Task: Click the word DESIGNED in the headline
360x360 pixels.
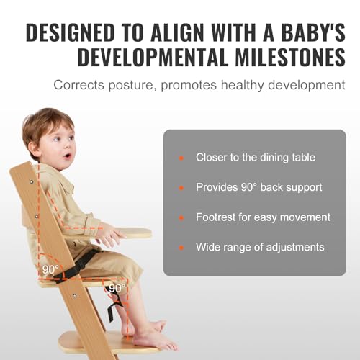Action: tap(71, 32)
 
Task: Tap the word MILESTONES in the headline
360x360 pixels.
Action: tap(290, 58)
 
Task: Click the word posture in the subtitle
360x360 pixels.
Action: tap(130, 86)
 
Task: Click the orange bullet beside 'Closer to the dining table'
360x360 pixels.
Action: tap(181, 158)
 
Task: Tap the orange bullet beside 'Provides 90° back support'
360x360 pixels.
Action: tap(181, 188)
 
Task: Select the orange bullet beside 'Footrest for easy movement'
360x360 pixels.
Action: tap(181, 217)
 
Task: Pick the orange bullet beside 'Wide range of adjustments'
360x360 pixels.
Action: tap(181, 248)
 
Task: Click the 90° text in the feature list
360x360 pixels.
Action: tap(249, 187)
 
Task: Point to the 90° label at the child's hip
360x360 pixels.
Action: tap(50, 269)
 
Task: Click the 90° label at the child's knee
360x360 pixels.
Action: tap(117, 288)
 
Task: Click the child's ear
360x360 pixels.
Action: tap(34, 150)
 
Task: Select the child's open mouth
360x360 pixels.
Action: tap(68, 156)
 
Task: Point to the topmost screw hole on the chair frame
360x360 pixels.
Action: tap(31, 182)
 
